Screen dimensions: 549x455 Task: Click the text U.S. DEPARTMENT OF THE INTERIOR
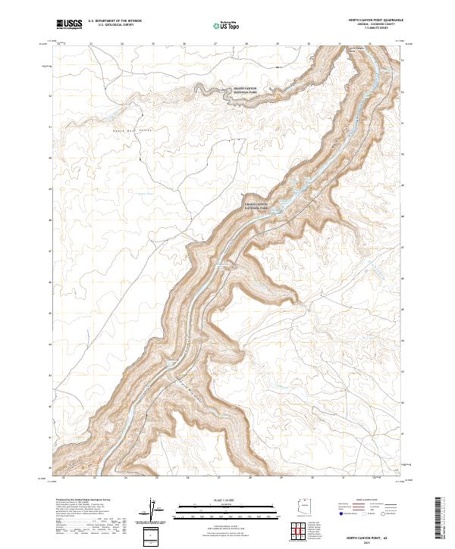point(115,20)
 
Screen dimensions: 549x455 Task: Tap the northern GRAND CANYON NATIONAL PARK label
point(245,90)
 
